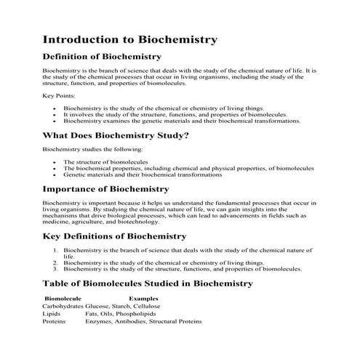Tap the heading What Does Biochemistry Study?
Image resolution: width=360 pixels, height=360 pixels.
point(116,135)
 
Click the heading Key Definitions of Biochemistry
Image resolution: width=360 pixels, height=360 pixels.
point(115,236)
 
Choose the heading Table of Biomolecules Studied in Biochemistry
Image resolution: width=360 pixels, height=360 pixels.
point(148,283)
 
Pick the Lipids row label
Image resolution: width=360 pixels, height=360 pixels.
point(52,313)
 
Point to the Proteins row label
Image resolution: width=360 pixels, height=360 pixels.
point(55,321)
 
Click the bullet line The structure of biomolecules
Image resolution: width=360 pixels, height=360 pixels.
point(105,161)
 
